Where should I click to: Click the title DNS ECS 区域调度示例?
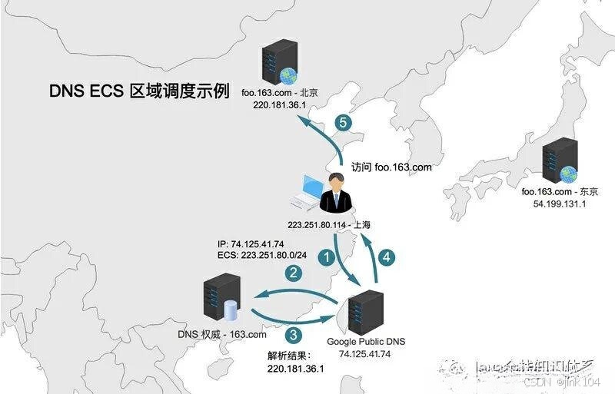(138, 91)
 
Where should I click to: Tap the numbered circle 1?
(327, 257)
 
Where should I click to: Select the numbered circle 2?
(293, 272)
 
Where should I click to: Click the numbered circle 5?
(344, 123)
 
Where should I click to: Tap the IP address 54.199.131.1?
(559, 204)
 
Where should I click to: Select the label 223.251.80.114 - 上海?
(330, 225)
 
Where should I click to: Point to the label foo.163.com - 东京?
(559, 192)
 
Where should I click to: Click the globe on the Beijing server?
(288, 75)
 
